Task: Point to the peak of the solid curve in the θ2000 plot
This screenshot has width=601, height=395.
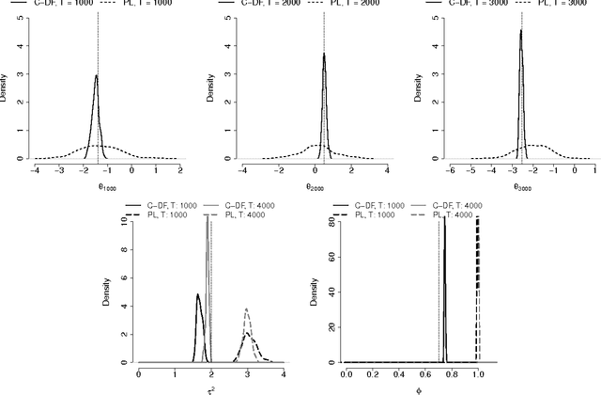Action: click(324, 54)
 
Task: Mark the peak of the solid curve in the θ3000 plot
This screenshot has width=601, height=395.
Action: click(520, 30)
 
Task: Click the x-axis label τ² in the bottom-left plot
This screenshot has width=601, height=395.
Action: click(211, 387)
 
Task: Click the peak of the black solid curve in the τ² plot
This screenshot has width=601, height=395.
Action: click(198, 295)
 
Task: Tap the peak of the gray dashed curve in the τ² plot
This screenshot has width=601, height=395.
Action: click(246, 309)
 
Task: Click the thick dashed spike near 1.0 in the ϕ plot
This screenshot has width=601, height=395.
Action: click(478, 282)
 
